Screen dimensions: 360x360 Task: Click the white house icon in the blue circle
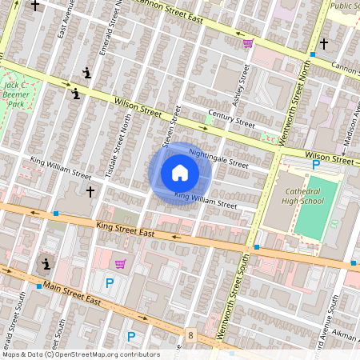coord(180,173)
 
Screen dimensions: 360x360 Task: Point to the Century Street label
coord(230,121)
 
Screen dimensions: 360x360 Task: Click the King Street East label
coord(124,230)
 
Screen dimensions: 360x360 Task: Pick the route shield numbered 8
coord(190,334)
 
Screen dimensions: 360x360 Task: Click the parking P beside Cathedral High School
coord(316,165)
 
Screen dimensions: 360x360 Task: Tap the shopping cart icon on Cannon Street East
coord(248,43)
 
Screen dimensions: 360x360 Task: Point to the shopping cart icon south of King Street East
coord(120,264)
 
